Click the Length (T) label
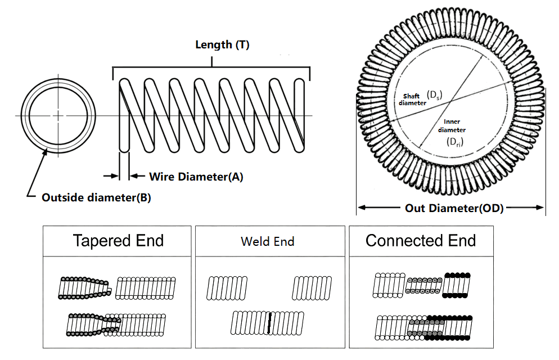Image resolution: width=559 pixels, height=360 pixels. [222, 45]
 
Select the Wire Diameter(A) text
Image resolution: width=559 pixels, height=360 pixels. [196, 177]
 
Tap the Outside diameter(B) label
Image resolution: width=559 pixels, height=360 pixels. [96, 198]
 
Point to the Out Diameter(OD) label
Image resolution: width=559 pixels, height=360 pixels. [454, 208]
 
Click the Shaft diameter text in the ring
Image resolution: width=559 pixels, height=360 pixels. [412, 99]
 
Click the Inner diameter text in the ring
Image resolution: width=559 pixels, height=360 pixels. [452, 125]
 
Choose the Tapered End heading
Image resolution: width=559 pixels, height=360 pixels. [118, 241]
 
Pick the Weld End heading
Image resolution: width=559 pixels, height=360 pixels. [267, 242]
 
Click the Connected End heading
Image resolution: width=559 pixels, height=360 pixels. [421, 241]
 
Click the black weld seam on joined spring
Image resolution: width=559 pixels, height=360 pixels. [270, 323]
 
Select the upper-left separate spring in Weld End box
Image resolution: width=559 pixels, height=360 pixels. [228, 288]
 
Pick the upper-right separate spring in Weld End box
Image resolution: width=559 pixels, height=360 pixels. [312, 288]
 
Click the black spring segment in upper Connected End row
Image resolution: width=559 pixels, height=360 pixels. [457, 285]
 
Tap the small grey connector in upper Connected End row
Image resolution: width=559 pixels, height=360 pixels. [424, 286]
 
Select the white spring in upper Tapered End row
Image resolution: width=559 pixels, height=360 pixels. [146, 287]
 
